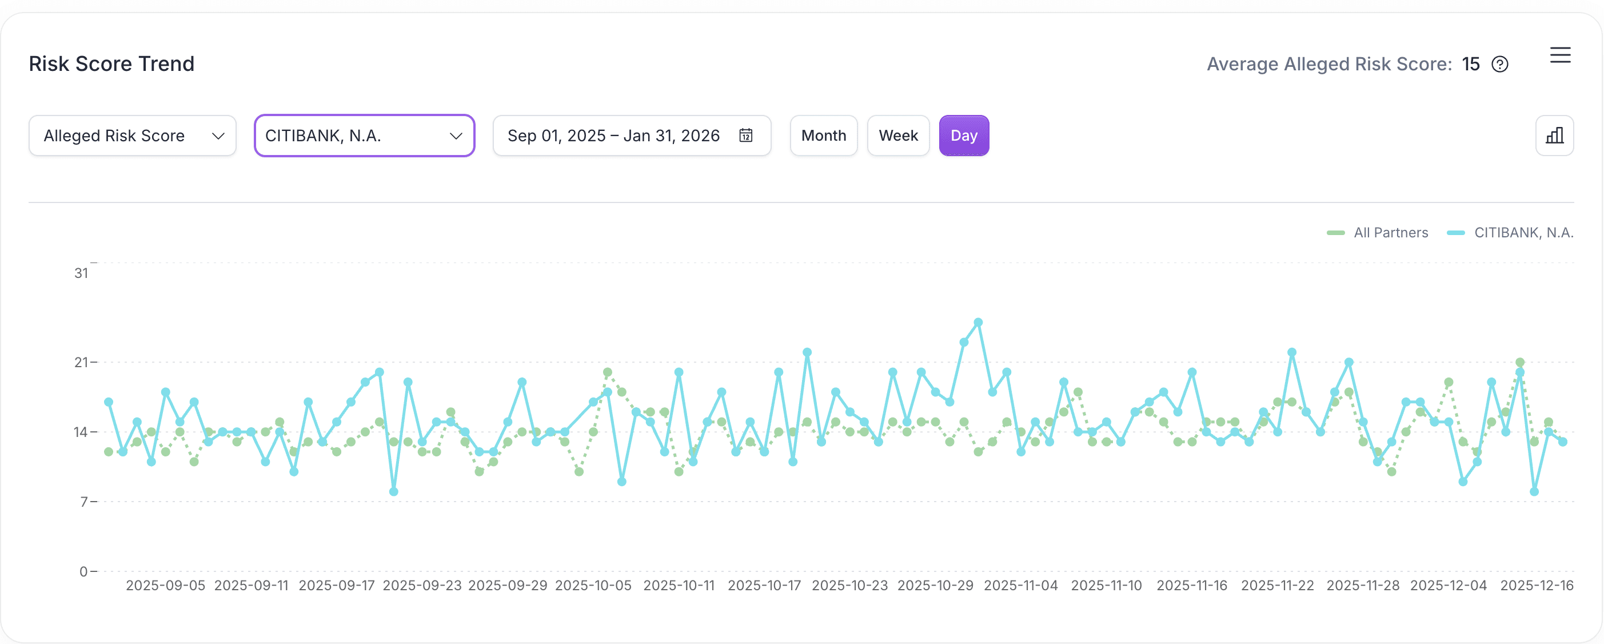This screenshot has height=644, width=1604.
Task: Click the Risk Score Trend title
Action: coord(111,63)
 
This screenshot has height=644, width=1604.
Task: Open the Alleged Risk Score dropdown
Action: coord(132,136)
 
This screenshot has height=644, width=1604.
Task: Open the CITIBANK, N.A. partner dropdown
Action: coord(364,136)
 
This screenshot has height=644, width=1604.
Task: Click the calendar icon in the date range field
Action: coord(745,136)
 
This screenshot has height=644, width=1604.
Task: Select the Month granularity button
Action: coord(823,136)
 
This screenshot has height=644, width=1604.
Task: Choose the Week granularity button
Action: coord(898,136)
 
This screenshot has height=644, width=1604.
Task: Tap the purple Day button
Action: coord(963,136)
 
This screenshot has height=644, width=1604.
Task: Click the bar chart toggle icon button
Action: coord(1554,136)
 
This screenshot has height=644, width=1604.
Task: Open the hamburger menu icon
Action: coord(1560,55)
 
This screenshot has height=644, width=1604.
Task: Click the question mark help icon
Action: coord(1499,64)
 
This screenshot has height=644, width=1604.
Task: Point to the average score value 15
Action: coord(1470,64)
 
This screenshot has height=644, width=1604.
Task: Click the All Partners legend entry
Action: coord(1378,233)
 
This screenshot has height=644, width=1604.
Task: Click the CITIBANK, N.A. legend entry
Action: coord(1510,233)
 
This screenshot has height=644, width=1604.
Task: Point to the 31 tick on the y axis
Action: coord(82,273)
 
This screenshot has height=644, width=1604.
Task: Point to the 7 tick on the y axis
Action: coord(84,502)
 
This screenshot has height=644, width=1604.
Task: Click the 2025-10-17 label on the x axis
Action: coord(764,586)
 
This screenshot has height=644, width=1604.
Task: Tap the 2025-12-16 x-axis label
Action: coord(1536,586)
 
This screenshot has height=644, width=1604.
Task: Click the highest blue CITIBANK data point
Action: coord(978,323)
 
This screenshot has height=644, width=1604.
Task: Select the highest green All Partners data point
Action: coord(1520,363)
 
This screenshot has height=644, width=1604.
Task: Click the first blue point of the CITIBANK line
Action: coord(109,402)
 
